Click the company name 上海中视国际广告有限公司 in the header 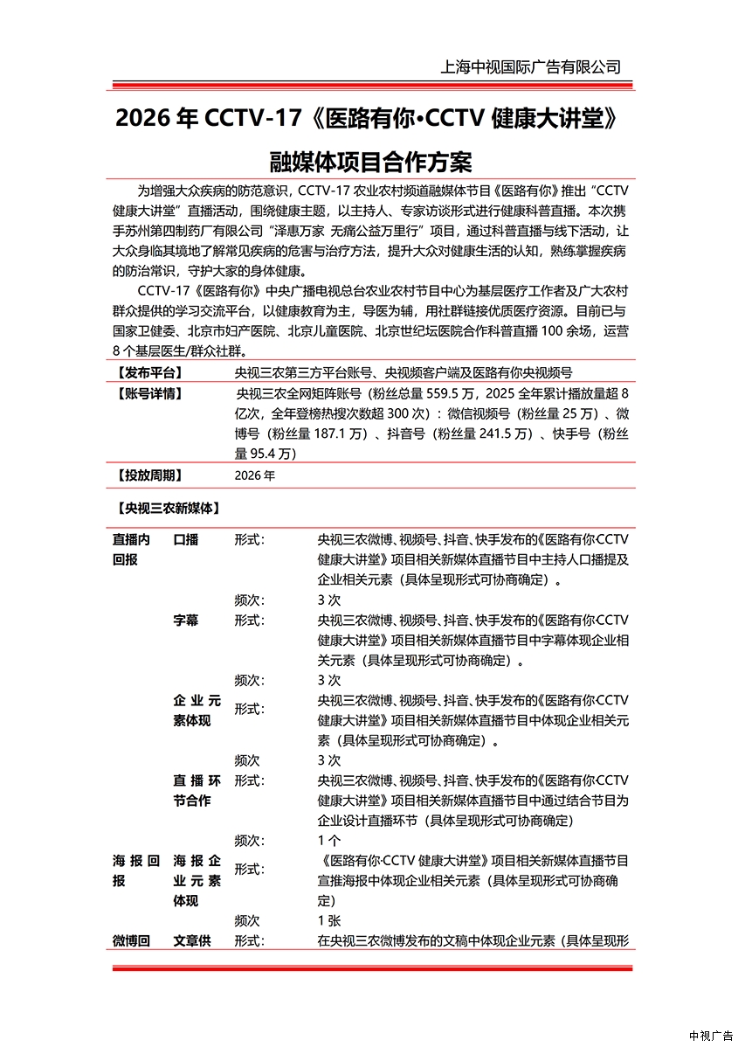[530, 67]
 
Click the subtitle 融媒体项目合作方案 [372, 163]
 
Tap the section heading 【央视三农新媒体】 [167, 508]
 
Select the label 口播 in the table [186, 540]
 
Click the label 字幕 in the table [186, 621]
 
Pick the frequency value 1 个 [329, 841]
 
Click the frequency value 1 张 [329, 921]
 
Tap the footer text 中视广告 [711, 1037]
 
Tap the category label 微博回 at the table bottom [131, 941]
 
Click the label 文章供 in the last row [192, 941]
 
